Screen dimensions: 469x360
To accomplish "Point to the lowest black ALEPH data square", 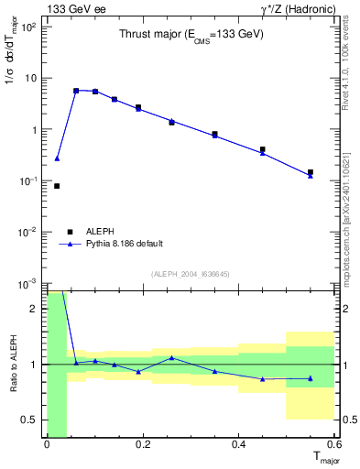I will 57,186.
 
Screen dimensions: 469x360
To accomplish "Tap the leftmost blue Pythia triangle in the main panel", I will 57,158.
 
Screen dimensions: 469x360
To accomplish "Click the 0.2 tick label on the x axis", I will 142,444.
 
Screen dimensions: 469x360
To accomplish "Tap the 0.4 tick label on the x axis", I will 238,444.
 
